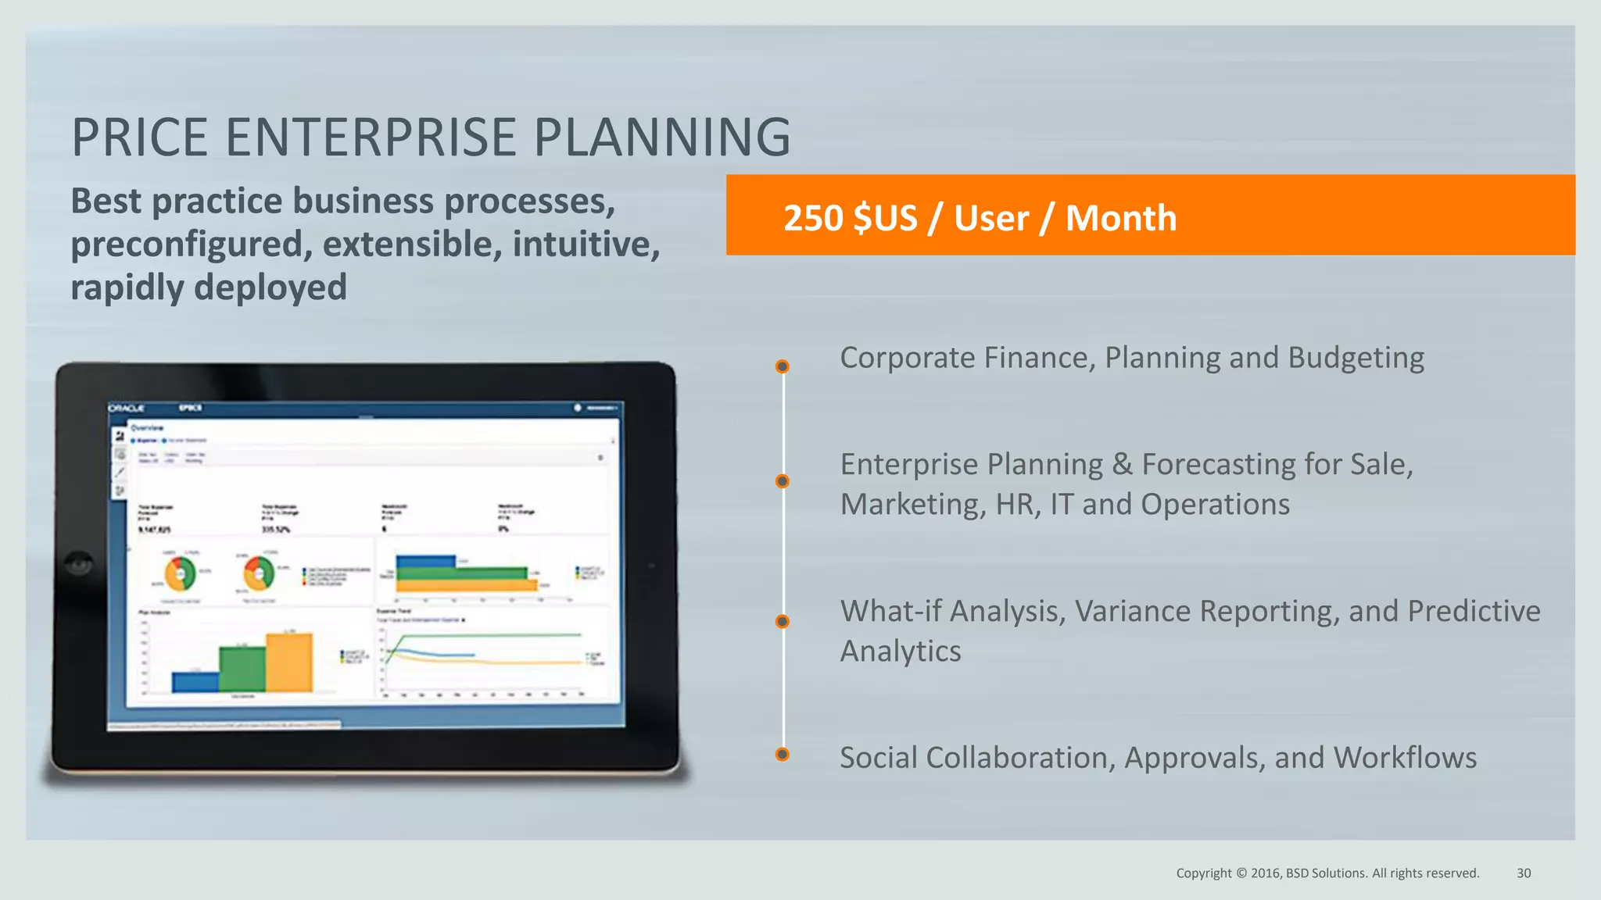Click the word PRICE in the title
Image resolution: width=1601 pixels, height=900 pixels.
139,137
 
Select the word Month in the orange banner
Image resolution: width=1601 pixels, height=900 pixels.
1120,218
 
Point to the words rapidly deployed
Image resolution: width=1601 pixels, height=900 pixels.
209,287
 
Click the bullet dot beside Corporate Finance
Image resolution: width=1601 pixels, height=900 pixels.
782,366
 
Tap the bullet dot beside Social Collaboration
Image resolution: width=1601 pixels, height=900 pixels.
782,754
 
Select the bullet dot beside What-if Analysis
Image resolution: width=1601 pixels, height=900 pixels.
782,621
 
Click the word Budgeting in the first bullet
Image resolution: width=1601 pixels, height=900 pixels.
1356,358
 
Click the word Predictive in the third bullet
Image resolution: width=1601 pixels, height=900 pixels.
1474,611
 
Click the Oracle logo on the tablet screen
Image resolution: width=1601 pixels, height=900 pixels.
127,408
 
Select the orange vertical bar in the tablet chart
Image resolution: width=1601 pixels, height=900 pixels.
288,662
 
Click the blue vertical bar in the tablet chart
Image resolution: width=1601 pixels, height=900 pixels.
195,682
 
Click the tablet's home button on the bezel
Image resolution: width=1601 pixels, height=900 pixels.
78,563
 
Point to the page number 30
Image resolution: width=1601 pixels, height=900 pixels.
1524,873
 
